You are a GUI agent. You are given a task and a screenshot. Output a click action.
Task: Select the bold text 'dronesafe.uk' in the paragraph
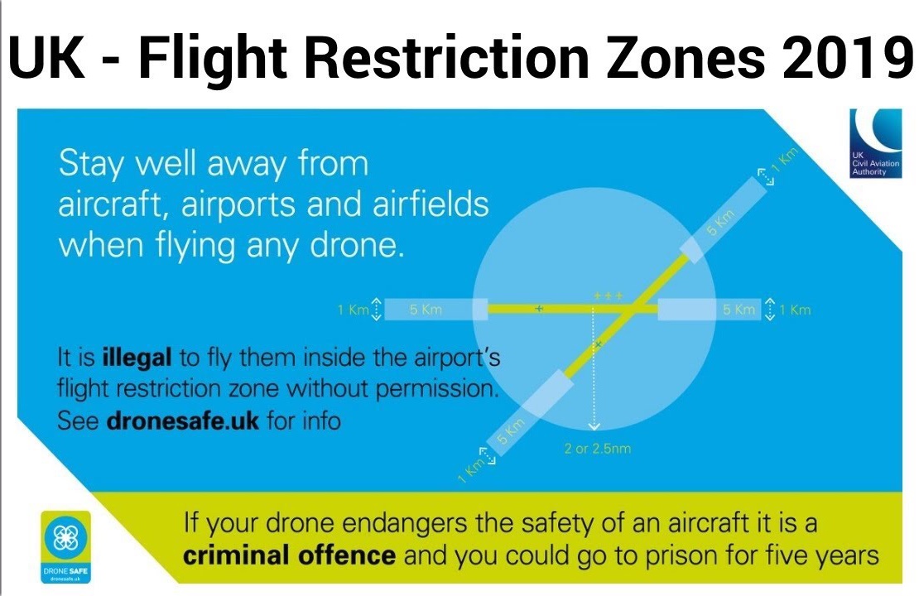click(183, 421)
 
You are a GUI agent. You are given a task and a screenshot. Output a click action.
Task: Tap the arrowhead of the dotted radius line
click(594, 427)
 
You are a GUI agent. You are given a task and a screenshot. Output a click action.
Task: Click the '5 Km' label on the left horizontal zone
click(426, 310)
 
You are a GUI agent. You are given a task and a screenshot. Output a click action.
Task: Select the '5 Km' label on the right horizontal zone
click(739, 310)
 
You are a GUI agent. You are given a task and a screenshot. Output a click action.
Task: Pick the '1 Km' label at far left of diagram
click(352, 310)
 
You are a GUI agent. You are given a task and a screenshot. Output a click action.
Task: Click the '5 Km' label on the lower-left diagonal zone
click(511, 434)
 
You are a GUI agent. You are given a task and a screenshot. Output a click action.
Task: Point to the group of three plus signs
click(608, 296)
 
